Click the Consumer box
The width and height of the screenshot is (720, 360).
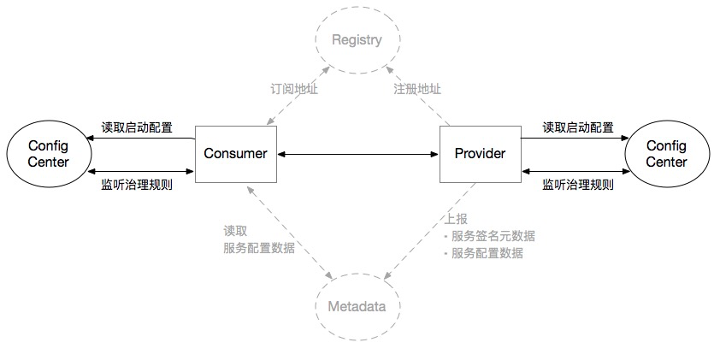tap(235, 154)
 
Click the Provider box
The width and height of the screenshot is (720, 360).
tap(480, 154)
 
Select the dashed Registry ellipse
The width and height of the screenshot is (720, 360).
tap(357, 40)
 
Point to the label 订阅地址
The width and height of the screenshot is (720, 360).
tap(294, 89)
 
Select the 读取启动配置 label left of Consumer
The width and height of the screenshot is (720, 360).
tap(137, 128)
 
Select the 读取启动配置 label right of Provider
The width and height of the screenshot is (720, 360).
tap(578, 128)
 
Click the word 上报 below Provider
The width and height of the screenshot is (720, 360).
tap(456, 219)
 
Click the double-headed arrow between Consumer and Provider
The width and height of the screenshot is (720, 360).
tap(357, 154)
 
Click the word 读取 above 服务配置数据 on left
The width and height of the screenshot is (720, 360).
tap(235, 231)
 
